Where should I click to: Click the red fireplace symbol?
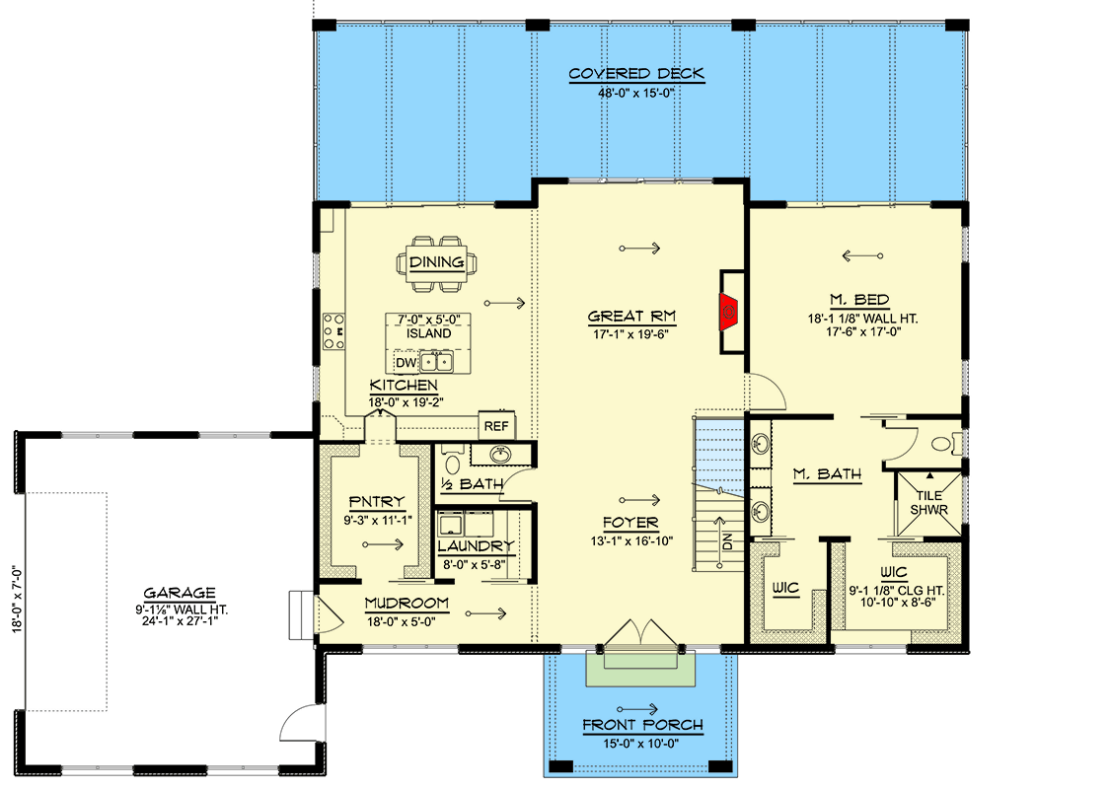728,312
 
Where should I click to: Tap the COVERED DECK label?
636,74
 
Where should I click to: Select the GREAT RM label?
631,317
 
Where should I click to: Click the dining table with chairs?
436,263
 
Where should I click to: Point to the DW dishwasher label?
406,363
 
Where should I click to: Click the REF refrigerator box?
496,426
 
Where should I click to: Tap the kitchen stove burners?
333,331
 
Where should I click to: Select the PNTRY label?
377,502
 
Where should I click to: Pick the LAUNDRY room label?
475,546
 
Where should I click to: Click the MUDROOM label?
407,604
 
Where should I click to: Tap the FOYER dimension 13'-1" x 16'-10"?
631,541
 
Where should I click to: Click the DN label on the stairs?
727,541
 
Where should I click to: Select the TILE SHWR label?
929,502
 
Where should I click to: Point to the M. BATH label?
827,474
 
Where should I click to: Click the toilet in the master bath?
946,445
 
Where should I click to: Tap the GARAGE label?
180,593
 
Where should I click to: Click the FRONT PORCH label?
642,725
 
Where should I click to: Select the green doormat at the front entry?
641,670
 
